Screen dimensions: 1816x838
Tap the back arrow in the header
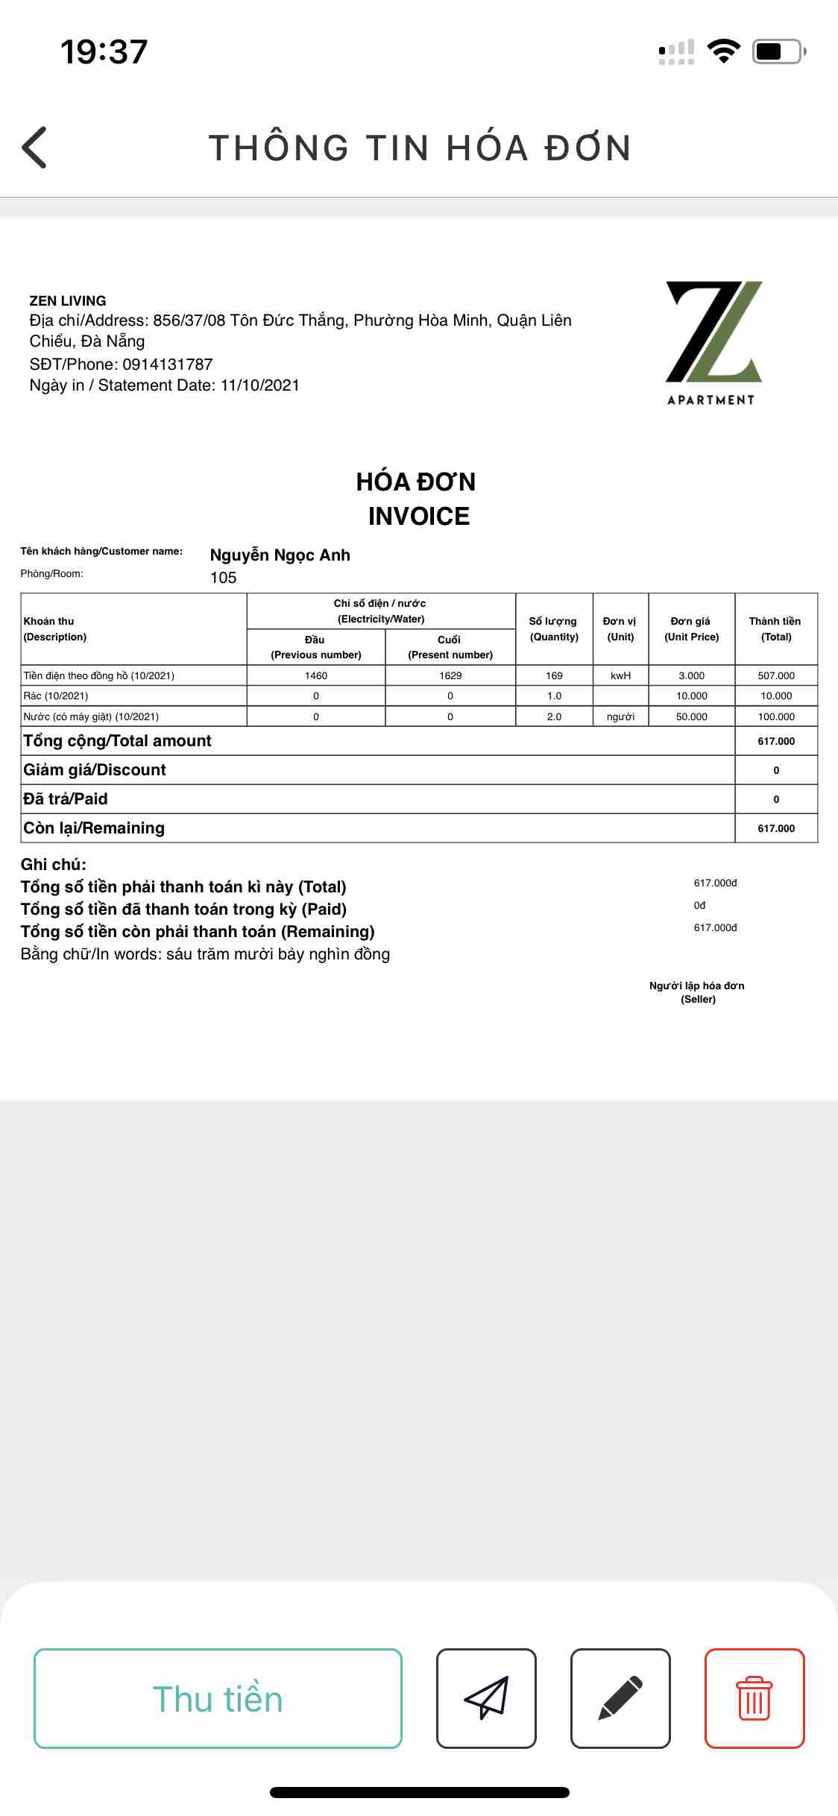pyautogui.click(x=34, y=147)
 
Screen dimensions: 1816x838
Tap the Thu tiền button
pyautogui.click(x=218, y=1699)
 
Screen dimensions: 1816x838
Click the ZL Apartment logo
pyautogui.click(x=712, y=342)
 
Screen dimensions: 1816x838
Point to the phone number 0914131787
pyautogui.click(x=168, y=365)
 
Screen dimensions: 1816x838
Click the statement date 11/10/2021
pyautogui.click(x=259, y=385)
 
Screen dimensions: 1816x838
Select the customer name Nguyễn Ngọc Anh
pyautogui.click(x=280, y=555)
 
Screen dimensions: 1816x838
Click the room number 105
pyautogui.click(x=223, y=578)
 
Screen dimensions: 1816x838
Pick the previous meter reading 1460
pyautogui.click(x=316, y=675)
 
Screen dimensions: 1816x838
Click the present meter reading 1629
pyautogui.click(x=450, y=675)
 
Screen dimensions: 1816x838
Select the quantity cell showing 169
pyautogui.click(x=554, y=675)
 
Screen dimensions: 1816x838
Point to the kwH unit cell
pyautogui.click(x=620, y=675)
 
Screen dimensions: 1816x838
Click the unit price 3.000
pyautogui.click(x=691, y=675)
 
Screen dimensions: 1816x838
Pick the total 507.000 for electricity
pyautogui.click(x=776, y=675)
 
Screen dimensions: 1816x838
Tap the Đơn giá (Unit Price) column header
pyautogui.click(x=691, y=628)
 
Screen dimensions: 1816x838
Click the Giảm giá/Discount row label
pyautogui.click(x=95, y=770)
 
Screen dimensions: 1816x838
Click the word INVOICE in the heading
pyautogui.click(x=419, y=516)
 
